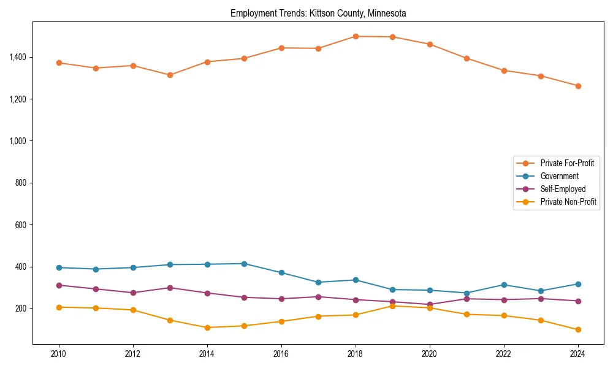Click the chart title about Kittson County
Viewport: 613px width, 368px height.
(x=318, y=13)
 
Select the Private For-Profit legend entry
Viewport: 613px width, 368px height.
(x=566, y=163)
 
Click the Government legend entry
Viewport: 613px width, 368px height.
(x=559, y=176)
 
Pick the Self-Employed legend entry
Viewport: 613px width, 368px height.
(x=563, y=189)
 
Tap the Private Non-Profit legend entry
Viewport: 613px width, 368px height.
(x=568, y=202)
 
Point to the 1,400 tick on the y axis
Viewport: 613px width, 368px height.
(x=17, y=57)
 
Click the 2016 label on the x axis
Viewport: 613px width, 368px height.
(x=281, y=354)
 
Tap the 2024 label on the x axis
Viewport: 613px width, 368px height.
(x=577, y=354)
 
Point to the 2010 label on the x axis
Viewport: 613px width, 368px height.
(x=59, y=354)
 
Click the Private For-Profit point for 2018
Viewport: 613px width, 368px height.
(x=356, y=36)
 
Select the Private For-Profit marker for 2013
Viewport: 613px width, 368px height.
(x=170, y=75)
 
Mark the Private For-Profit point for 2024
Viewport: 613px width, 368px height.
(x=577, y=86)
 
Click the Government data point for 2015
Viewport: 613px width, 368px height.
(x=244, y=264)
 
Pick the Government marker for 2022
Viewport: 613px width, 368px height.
(x=504, y=285)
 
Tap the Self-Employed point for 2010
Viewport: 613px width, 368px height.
(x=59, y=285)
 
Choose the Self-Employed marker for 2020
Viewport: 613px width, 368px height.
(x=430, y=304)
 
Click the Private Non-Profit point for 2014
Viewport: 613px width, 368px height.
(x=207, y=328)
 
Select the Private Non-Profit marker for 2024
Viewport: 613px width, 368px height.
(x=577, y=329)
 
